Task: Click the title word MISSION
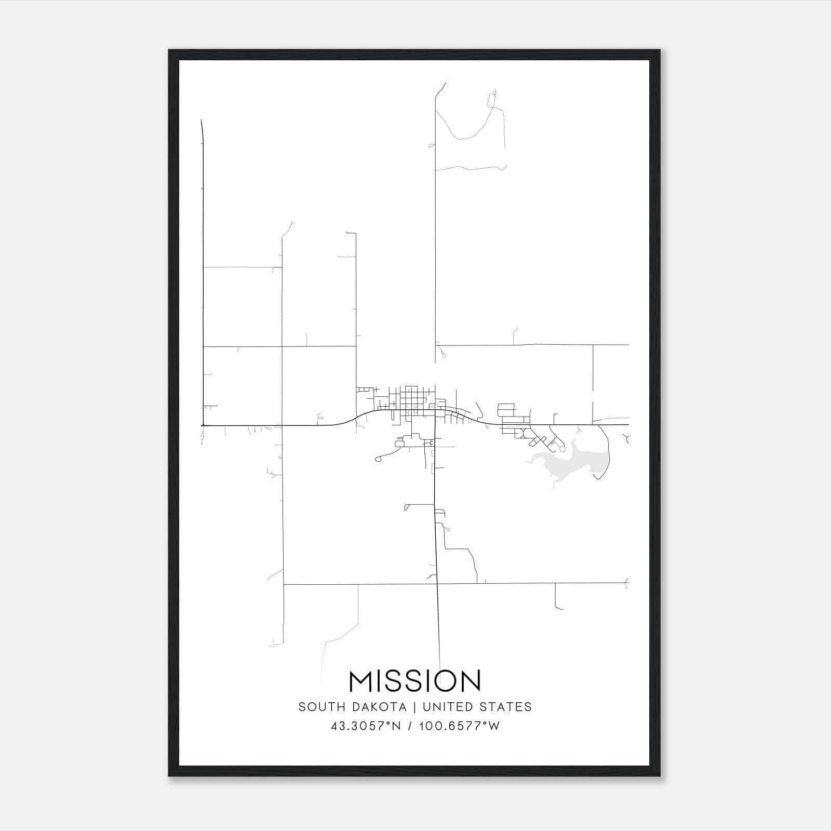pyautogui.click(x=415, y=681)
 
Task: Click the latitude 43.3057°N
pyautogui.click(x=365, y=726)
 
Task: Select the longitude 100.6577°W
pyautogui.click(x=459, y=726)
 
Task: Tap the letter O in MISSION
pyautogui.click(x=443, y=681)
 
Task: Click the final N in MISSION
pyautogui.click(x=471, y=681)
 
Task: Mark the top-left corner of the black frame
pyautogui.click(x=169, y=50)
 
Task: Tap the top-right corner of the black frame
pyautogui.click(x=660, y=50)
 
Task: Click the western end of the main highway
pyautogui.click(x=203, y=425)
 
